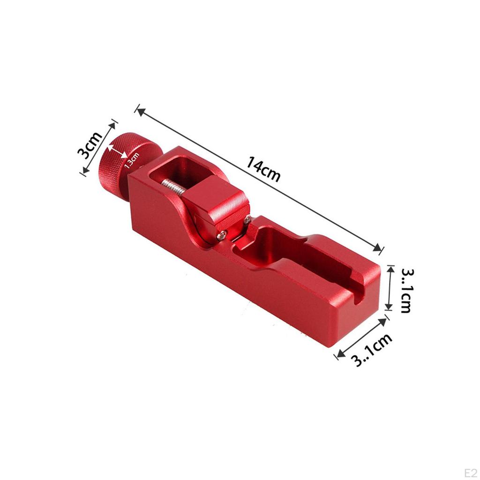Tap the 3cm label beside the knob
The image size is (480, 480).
(90, 145)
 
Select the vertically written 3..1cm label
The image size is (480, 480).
(405, 291)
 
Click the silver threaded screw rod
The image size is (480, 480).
(174, 187)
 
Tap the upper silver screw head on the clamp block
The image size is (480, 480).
(247, 218)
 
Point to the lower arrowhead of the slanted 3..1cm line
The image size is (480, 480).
(337, 356)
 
